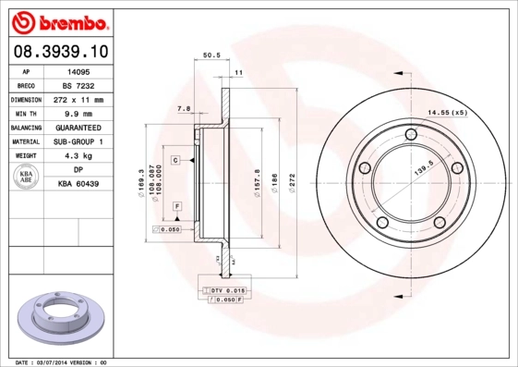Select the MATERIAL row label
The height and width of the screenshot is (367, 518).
coord(26,141)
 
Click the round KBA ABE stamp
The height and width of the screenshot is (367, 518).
coord(27,177)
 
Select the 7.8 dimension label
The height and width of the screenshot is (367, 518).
coord(183,109)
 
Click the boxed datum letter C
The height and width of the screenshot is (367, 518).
coord(175,160)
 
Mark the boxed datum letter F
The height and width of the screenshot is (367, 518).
coord(176,204)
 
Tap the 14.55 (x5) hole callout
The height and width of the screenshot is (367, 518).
coord(446,113)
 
